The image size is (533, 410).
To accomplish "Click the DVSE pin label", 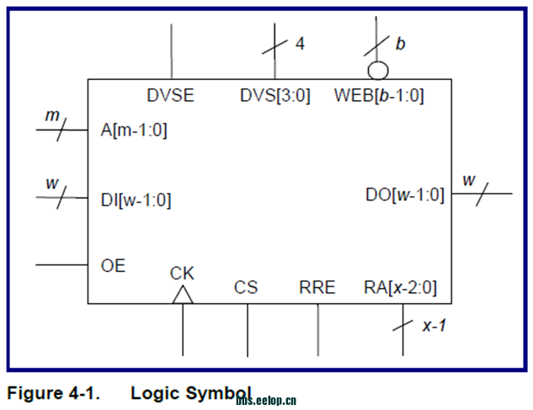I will click(170, 95).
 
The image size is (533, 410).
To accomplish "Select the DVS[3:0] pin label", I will click(275, 95).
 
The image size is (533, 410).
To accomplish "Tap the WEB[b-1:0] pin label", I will click(379, 95).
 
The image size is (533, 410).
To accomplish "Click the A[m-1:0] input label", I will click(134, 130).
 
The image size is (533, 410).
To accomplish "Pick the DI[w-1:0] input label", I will click(136, 200).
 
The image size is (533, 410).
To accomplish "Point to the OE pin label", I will click(113, 266).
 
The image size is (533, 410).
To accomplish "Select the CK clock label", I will click(182, 273).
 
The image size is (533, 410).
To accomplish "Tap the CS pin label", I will click(246, 287).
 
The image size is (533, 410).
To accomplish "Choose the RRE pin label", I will click(317, 287).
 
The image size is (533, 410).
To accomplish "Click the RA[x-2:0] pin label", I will click(400, 287).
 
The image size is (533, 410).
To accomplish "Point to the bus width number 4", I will click(300, 43).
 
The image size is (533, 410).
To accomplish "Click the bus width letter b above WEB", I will click(400, 43).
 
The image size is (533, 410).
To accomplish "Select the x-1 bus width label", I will click(434, 325).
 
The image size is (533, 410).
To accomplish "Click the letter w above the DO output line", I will click(469, 179).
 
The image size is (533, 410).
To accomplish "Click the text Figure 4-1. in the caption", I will click(52, 393).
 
